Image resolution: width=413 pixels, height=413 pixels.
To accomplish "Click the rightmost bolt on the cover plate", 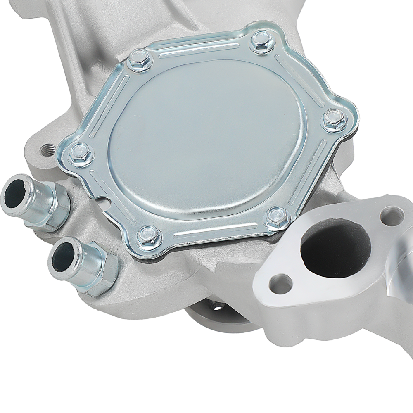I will [x=333, y=120].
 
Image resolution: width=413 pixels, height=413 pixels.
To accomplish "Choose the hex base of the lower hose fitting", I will [x=101, y=273].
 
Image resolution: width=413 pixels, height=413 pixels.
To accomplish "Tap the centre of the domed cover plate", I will [x=206, y=136].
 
